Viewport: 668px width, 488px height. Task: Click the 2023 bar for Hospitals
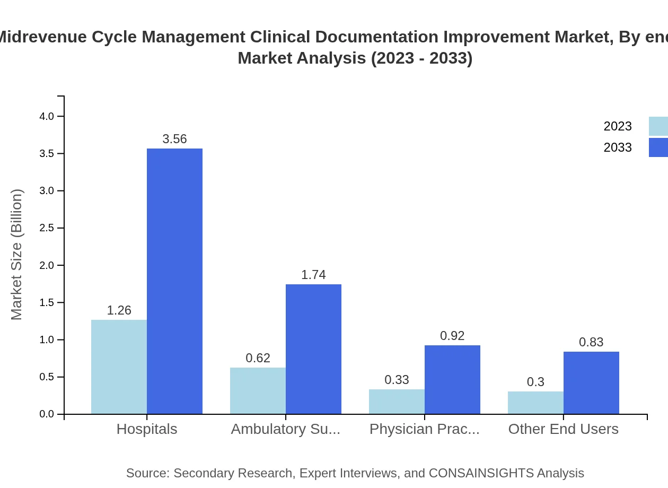click(x=119, y=367)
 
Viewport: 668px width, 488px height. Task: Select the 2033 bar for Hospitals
click(x=174, y=281)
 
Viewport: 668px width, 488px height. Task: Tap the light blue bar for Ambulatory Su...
click(x=258, y=390)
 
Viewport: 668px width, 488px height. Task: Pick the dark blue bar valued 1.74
click(x=313, y=349)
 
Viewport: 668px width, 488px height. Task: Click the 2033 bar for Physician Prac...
click(x=452, y=379)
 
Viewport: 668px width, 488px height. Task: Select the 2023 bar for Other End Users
click(x=535, y=403)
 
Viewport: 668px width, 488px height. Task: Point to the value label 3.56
click(x=174, y=139)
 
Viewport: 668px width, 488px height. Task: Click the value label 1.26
click(x=119, y=310)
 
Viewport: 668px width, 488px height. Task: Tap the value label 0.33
click(x=397, y=380)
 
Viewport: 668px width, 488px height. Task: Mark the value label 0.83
click(x=591, y=342)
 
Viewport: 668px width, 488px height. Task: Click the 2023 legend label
click(x=617, y=126)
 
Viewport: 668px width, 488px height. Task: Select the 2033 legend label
click(x=617, y=147)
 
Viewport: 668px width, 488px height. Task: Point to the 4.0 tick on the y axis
click(x=47, y=116)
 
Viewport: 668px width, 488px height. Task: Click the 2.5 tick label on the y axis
click(x=47, y=228)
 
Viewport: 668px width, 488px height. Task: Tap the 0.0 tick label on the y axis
click(x=47, y=414)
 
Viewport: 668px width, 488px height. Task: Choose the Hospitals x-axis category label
click(x=147, y=429)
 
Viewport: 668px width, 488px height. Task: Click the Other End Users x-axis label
click(x=563, y=429)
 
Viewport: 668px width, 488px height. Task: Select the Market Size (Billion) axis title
click(x=17, y=255)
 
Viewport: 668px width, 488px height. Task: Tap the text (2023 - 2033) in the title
click(x=421, y=58)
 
